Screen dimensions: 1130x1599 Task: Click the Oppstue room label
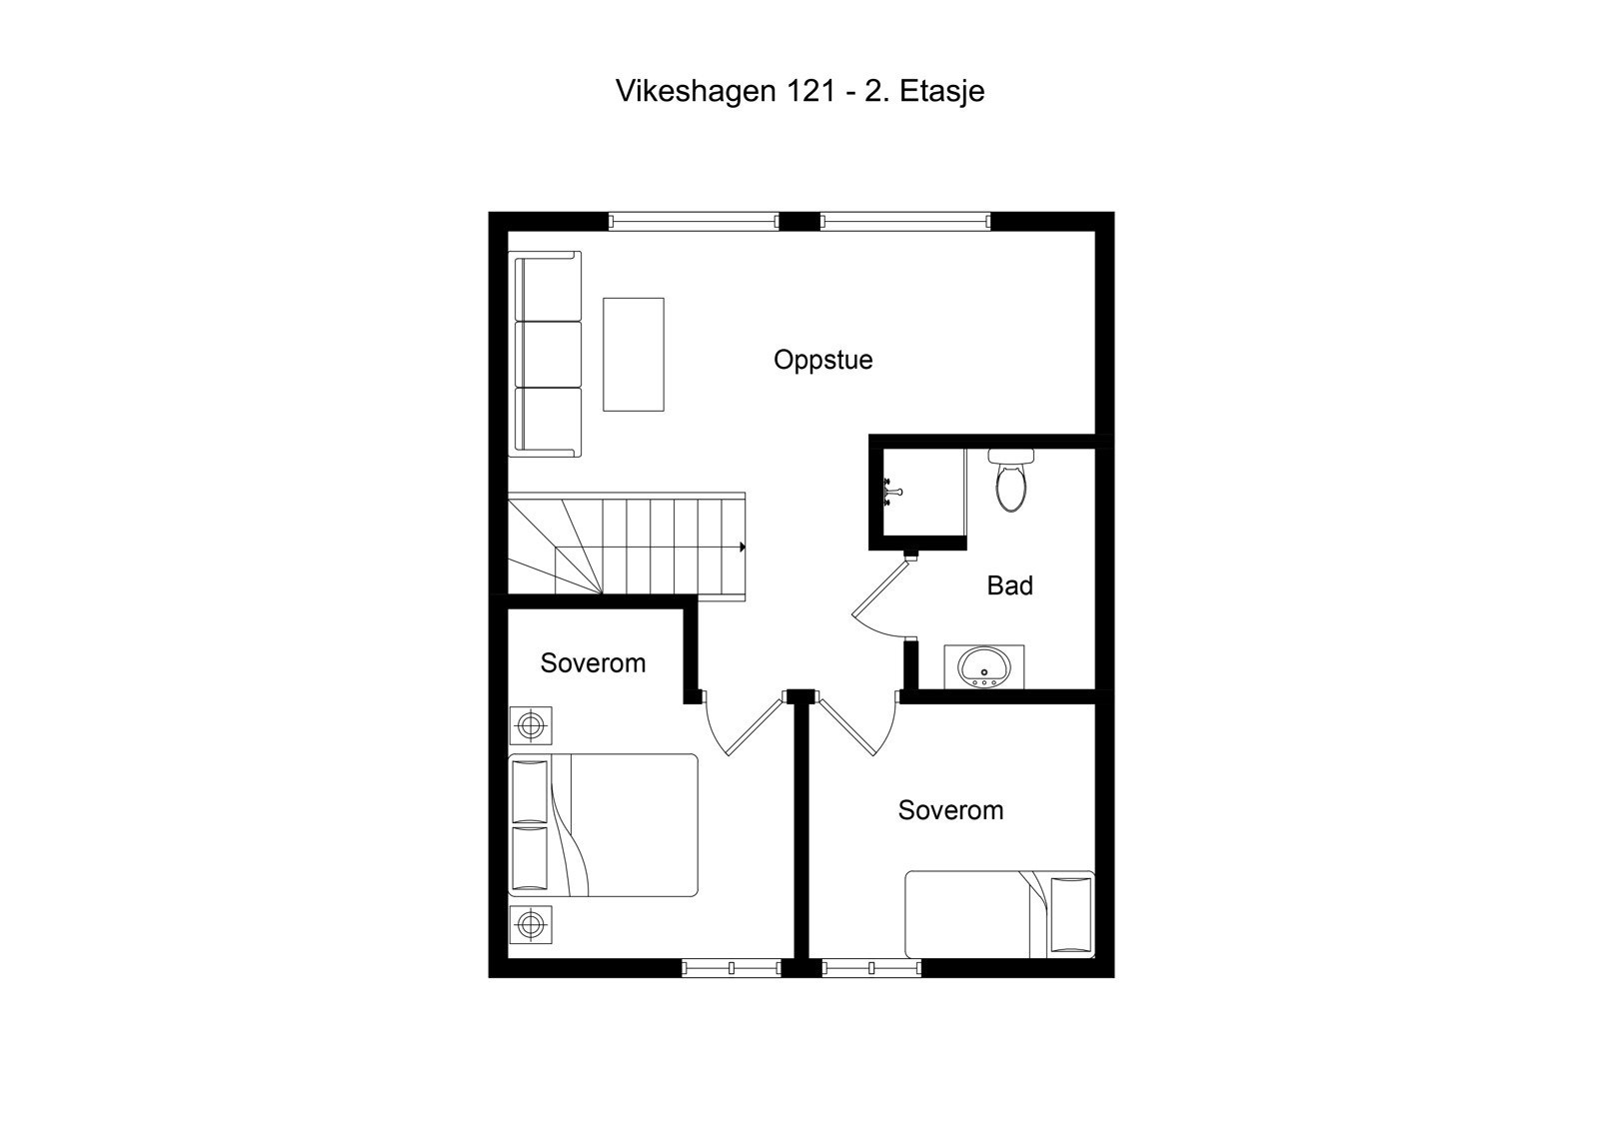click(822, 360)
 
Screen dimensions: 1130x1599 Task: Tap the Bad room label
click(1009, 585)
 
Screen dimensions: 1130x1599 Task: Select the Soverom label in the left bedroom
click(593, 663)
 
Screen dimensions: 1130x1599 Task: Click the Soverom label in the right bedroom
click(950, 810)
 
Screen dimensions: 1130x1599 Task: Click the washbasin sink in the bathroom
click(983, 667)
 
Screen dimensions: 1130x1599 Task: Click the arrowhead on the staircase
click(742, 547)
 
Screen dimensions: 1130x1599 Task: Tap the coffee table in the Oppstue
click(633, 354)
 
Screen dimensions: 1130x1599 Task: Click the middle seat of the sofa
click(548, 354)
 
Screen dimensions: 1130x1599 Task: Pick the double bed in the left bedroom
click(604, 825)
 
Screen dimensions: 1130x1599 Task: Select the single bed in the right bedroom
click(999, 914)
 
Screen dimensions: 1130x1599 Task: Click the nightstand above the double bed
click(530, 724)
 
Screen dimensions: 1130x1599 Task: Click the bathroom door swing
click(879, 599)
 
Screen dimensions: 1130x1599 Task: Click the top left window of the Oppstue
click(694, 222)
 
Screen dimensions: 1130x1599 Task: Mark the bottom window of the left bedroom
click(731, 967)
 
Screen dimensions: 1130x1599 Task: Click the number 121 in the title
click(808, 91)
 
